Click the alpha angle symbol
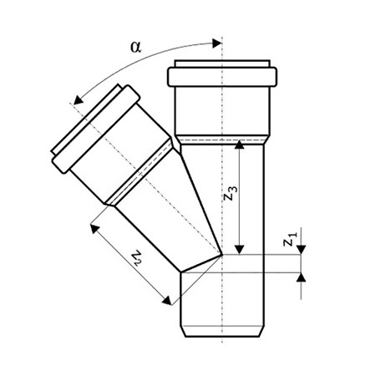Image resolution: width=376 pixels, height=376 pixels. [x=136, y=47]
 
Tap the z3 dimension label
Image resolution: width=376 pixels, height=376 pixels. [x=231, y=193]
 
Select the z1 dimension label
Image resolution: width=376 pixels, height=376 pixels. [x=291, y=239]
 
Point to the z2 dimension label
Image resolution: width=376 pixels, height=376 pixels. [x=137, y=258]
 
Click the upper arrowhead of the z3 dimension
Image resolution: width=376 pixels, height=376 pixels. [x=240, y=145]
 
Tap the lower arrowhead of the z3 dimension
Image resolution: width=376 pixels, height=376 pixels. [x=240, y=250]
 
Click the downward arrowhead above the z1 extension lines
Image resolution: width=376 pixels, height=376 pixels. [x=301, y=250]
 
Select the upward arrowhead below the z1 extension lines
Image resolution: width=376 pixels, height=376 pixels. [x=301, y=277]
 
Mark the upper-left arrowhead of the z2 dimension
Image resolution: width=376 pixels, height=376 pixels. [x=94, y=228]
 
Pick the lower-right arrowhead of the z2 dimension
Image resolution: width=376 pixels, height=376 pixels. [x=167, y=301]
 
